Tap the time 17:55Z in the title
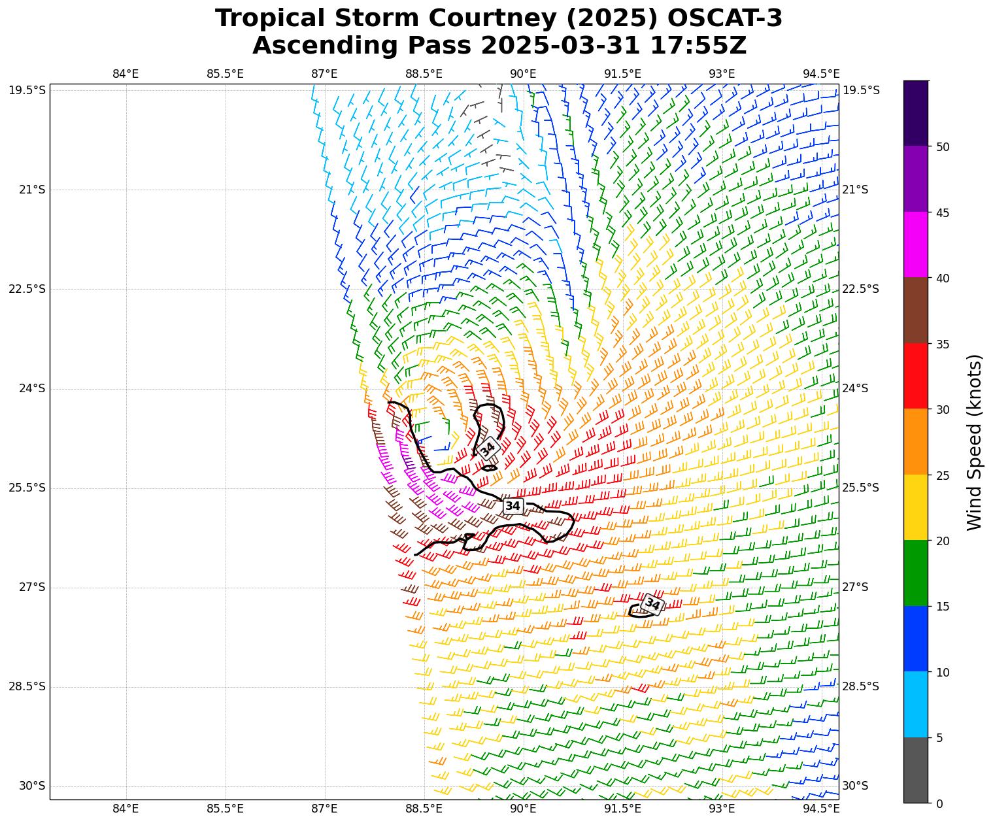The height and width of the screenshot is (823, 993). (x=698, y=46)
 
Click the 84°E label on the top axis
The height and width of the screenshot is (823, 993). (x=126, y=74)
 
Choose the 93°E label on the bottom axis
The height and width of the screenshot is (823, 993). (x=722, y=809)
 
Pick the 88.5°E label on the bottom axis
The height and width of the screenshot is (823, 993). (x=424, y=809)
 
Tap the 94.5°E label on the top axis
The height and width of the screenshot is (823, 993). (x=821, y=74)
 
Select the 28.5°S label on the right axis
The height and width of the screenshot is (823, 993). (x=861, y=686)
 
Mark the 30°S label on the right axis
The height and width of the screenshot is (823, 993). (x=856, y=786)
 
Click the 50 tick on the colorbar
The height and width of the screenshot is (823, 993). (x=943, y=146)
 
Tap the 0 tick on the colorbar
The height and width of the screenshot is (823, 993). (x=939, y=803)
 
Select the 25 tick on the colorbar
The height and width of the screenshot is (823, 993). (x=943, y=475)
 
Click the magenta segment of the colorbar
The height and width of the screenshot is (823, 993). (x=915, y=244)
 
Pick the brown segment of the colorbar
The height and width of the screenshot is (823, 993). (x=915, y=310)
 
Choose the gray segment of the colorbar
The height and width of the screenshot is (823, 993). (x=915, y=770)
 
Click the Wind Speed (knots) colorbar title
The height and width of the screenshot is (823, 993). (x=974, y=442)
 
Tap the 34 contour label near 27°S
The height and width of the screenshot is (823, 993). (x=652, y=604)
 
